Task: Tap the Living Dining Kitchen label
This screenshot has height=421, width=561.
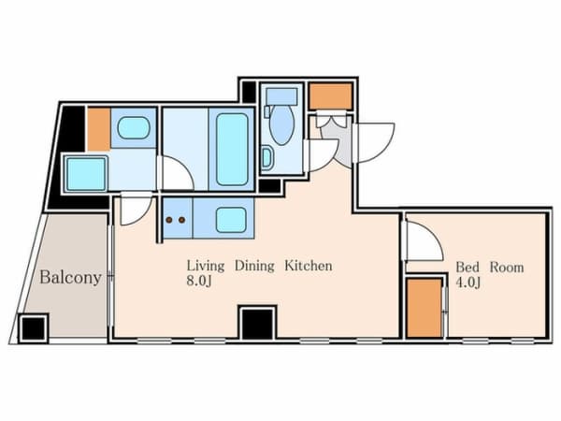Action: [259, 267]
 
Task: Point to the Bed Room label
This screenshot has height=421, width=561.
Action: [489, 268]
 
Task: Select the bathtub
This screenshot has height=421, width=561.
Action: [233, 149]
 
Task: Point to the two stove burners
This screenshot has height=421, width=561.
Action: [175, 221]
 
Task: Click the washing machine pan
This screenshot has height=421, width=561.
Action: [86, 174]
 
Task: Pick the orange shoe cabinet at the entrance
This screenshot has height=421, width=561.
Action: [331, 95]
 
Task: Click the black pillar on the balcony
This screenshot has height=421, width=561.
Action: [34, 328]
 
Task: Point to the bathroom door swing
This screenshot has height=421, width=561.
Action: [176, 174]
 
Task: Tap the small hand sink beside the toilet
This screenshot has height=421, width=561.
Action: [266, 158]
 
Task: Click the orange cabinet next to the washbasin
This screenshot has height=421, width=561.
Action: [99, 129]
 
